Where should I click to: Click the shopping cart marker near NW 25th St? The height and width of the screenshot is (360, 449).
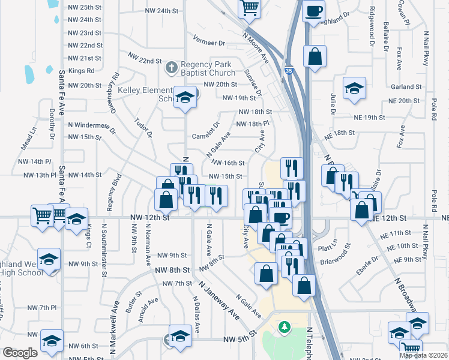(x=249, y=8)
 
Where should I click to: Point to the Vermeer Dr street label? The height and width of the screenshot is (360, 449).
(x=209, y=43)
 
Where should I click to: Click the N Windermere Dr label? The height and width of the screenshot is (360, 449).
(x=92, y=125)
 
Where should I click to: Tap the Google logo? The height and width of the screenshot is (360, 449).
(x=20, y=353)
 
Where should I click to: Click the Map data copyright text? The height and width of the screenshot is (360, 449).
(x=424, y=355)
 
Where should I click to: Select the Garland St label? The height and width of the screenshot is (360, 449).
(x=403, y=87)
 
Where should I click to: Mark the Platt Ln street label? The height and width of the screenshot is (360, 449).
(x=344, y=243)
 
